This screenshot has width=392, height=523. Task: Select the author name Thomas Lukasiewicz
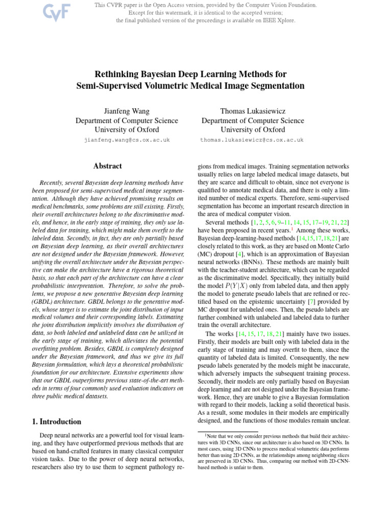coord(252,111)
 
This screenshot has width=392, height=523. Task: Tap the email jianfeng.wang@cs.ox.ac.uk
coord(127,139)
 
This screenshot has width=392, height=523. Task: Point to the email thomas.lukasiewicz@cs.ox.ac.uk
coord(252,139)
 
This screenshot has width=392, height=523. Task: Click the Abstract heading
coord(108,166)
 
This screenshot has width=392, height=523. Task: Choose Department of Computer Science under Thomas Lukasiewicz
coord(252,121)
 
